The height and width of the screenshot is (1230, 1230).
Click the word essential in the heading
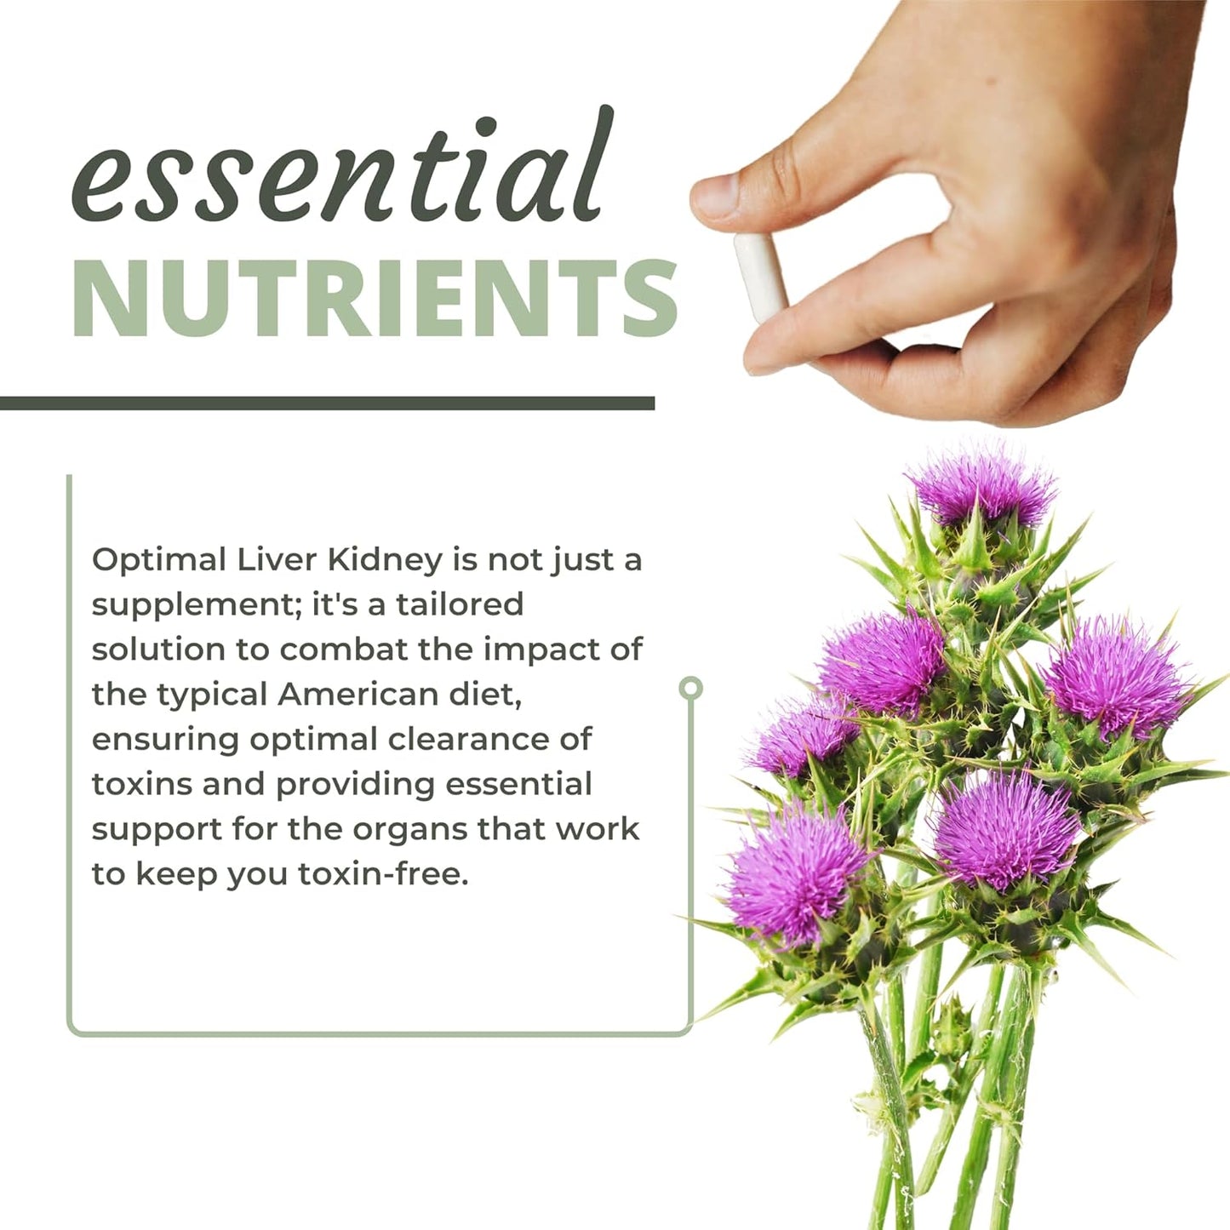point(340,170)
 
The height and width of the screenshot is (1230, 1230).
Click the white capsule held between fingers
point(760,277)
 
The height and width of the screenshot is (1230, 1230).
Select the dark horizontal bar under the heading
point(327,403)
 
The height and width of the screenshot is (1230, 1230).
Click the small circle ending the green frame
point(691,688)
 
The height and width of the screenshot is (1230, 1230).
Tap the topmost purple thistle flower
point(983,487)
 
